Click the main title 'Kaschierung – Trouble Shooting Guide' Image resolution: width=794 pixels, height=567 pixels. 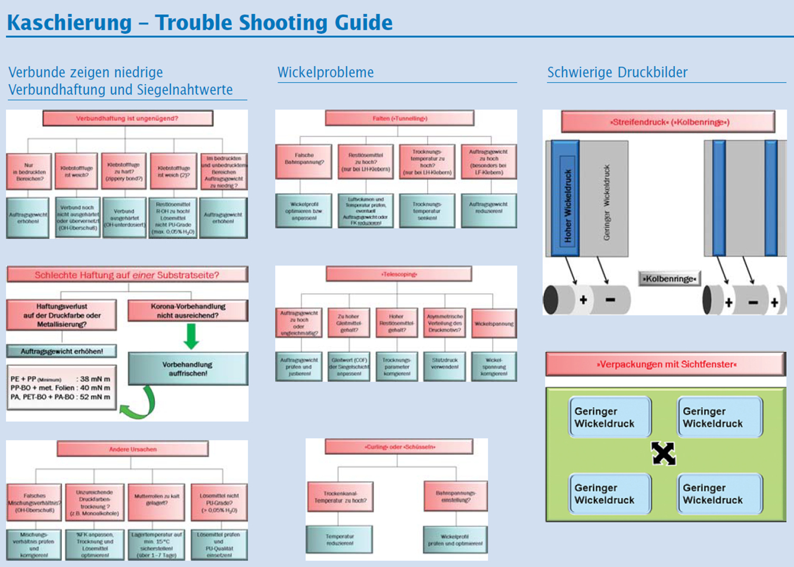[x=200, y=23]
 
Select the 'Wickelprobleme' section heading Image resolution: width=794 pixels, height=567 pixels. [x=326, y=72]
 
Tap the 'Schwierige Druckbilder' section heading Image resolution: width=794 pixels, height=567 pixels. [x=617, y=72]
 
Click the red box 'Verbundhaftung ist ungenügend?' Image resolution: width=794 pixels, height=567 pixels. [x=127, y=119]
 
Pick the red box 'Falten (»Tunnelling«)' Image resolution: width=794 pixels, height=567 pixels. [x=400, y=119]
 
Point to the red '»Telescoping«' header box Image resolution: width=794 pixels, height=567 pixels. [x=398, y=274]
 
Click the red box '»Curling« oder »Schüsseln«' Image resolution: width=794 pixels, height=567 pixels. [x=399, y=447]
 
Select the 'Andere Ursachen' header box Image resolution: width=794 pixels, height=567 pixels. [x=133, y=449]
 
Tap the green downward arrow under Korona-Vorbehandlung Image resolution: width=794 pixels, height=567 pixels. [x=191, y=336]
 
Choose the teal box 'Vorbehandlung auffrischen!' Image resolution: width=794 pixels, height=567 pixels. [x=188, y=368]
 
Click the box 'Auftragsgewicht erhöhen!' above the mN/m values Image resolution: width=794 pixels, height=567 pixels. [x=61, y=351]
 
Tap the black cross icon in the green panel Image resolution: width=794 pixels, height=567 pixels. [x=663, y=454]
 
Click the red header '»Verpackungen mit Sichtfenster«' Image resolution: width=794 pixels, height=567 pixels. [x=666, y=364]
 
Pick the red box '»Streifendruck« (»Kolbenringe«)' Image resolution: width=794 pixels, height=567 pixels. [x=668, y=122]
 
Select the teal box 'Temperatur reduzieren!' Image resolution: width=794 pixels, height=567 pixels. [x=340, y=540]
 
